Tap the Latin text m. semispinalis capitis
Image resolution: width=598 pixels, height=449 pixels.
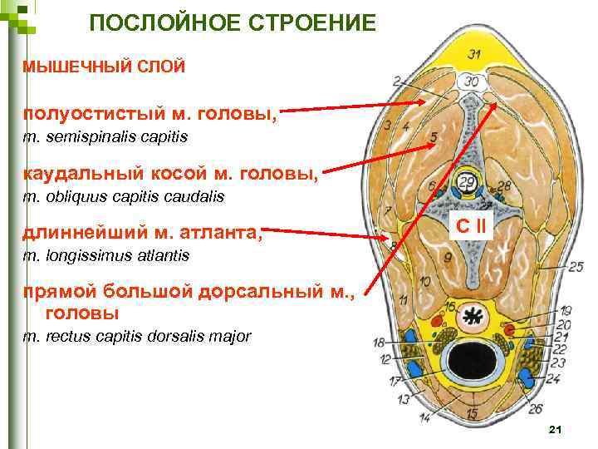pos(105,136)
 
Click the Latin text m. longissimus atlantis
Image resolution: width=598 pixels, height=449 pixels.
pos(105,255)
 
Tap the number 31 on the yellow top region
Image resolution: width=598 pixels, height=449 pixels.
pos(474,55)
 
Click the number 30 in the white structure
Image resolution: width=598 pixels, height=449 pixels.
pos(472,81)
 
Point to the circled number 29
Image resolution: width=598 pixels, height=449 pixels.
pos(467,182)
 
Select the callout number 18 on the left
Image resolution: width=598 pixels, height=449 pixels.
pos(378,343)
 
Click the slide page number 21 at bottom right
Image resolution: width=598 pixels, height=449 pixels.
pos(556,429)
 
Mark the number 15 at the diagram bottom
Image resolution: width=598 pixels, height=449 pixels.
pos(472,413)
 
